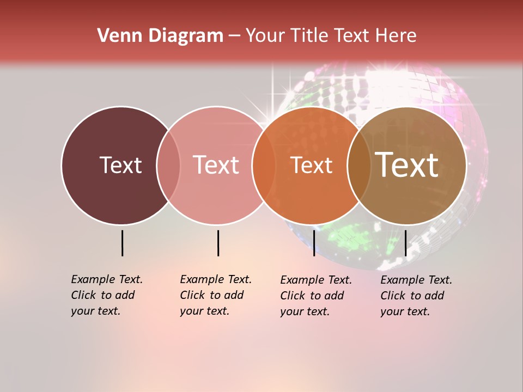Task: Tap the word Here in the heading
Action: pos(397,35)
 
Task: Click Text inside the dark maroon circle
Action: pos(120,165)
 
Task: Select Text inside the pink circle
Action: pos(216,165)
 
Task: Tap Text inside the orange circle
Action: pos(311,165)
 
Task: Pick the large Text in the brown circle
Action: pos(407,165)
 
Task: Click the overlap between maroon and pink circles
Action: pos(168,165)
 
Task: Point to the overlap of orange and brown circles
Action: pos(359,165)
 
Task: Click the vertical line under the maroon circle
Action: pos(122,243)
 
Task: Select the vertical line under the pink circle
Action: pos(218,243)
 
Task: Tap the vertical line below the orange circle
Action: pos(314,243)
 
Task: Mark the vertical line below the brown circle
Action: pos(405,243)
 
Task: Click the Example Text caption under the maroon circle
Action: pos(106,295)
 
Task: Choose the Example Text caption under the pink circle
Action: pos(215,295)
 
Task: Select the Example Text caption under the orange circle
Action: pos(315,296)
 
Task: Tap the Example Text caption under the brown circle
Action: pos(416,296)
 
